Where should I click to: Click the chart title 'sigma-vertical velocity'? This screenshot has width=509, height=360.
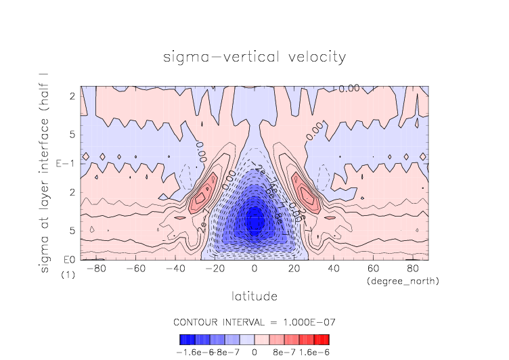click(x=255, y=57)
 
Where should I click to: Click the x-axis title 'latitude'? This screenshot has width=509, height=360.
click(x=255, y=296)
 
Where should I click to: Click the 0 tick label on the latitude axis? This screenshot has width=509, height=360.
click(x=255, y=269)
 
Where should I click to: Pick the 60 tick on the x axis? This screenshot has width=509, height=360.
click(x=372, y=269)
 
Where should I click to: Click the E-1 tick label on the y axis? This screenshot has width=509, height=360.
click(x=68, y=164)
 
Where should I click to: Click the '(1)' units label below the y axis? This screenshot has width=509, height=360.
click(x=68, y=275)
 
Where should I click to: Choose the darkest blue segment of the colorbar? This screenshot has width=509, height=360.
click(x=183, y=339)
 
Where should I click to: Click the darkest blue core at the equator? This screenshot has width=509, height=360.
click(x=254, y=221)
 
